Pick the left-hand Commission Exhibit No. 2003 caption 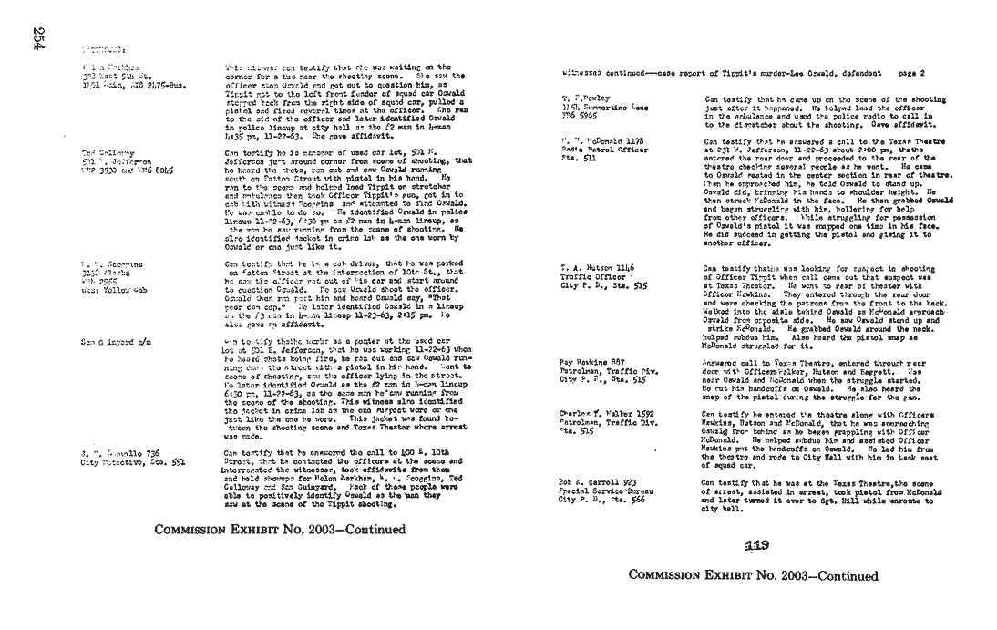click(x=279, y=529)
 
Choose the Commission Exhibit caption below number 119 click(x=753, y=576)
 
